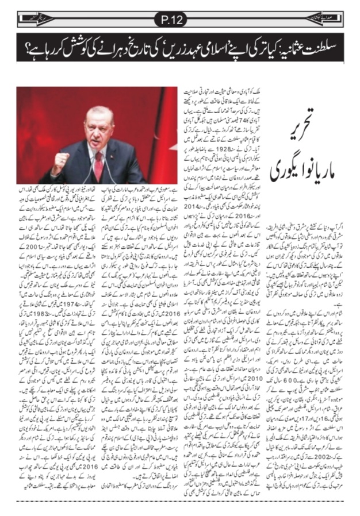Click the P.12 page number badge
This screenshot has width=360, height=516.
[x=179, y=21]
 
